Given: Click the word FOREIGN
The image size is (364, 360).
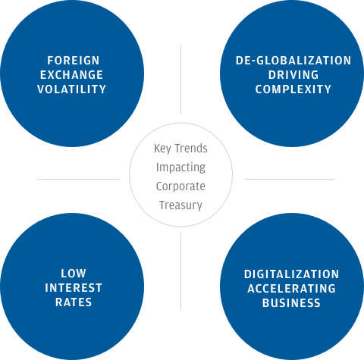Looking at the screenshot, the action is [x=74, y=61].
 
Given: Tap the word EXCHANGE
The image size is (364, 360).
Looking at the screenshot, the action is [x=71, y=75].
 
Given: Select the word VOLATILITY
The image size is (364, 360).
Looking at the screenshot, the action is [x=71, y=89].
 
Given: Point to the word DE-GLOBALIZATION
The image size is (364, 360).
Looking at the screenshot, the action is [x=293, y=61].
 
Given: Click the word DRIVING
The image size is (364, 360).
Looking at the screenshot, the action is [x=293, y=75].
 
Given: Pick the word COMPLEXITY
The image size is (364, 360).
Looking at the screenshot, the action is [x=293, y=89].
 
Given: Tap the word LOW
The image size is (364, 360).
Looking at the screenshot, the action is [x=74, y=274].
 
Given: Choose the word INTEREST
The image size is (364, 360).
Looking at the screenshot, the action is [x=74, y=288].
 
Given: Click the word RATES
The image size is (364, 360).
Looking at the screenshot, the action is [x=74, y=302].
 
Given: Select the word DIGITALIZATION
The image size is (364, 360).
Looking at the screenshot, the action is [x=291, y=274].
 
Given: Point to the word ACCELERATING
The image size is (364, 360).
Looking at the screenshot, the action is [x=291, y=289].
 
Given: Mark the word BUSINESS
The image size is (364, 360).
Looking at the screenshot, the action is [x=291, y=303].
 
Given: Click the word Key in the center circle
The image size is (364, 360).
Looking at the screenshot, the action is [x=162, y=149].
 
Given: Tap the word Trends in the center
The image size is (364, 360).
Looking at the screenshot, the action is [x=191, y=149].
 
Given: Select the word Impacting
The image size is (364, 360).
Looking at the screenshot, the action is [x=180, y=167].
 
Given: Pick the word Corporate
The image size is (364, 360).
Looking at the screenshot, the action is [x=180, y=186].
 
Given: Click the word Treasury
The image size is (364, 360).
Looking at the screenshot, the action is [x=180, y=205].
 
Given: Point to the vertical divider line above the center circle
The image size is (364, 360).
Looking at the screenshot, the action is [x=180, y=80].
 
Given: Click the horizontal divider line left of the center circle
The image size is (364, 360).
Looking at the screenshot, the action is [x=79, y=179].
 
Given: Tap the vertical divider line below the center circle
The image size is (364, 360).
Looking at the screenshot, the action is [x=180, y=271].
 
